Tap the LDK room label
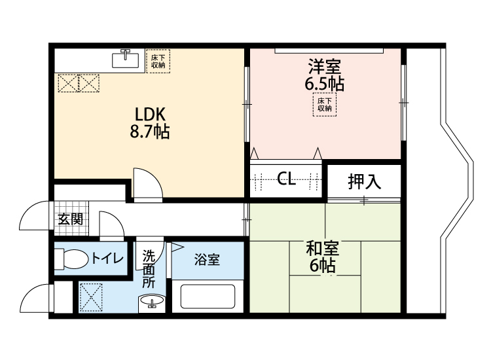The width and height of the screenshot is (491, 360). [150, 112]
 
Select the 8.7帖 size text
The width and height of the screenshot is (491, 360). [150, 132]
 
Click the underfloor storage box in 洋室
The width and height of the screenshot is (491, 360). [325, 105]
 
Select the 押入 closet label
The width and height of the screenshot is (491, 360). [364, 181]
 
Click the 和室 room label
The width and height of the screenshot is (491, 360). [323, 249]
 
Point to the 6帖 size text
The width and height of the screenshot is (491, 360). [323, 266]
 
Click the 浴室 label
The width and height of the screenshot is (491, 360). [207, 260]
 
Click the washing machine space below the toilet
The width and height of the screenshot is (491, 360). [90, 297]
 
